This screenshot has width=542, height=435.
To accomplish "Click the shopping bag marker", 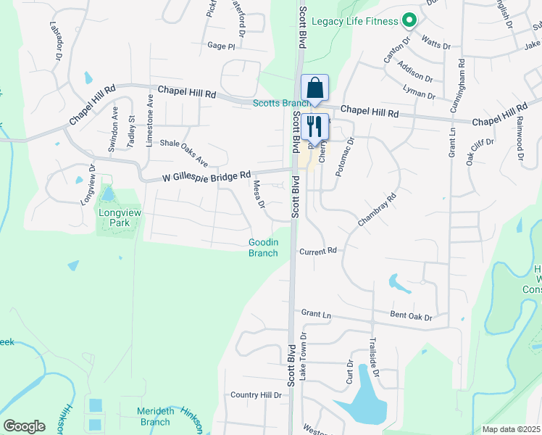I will [x=315, y=89].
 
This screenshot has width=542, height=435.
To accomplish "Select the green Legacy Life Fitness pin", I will [x=409, y=20].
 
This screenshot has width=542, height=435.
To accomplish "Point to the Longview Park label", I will [x=115, y=218].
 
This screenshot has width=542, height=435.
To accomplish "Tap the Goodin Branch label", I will [x=264, y=248].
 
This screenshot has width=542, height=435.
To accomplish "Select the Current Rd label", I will [x=319, y=251].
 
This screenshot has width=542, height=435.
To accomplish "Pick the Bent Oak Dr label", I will [x=411, y=318].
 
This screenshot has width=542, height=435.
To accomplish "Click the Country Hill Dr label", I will [x=256, y=395].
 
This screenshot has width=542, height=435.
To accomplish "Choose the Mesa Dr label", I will [x=258, y=194].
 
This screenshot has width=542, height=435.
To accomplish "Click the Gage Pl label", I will [x=222, y=46].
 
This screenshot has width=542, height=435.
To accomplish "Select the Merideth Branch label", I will [x=154, y=417].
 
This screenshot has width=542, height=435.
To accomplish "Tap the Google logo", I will [x=24, y=426].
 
